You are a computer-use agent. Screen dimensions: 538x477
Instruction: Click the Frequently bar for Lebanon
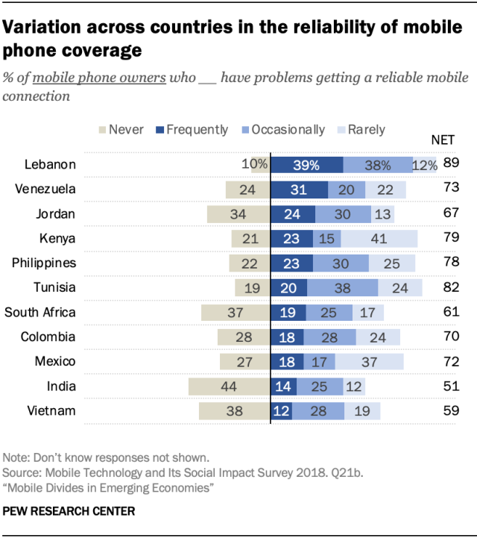[306, 165]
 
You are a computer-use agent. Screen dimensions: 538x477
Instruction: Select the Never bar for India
[229, 387]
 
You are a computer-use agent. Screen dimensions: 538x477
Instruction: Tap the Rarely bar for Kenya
[379, 239]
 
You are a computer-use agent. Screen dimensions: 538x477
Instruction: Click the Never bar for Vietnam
[234, 411]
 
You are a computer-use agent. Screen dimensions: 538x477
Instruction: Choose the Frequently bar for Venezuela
[299, 190]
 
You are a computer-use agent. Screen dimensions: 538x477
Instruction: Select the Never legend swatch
[102, 130]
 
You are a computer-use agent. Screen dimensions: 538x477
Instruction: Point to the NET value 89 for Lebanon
[450, 163]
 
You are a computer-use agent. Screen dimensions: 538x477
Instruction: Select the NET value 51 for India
[450, 386]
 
